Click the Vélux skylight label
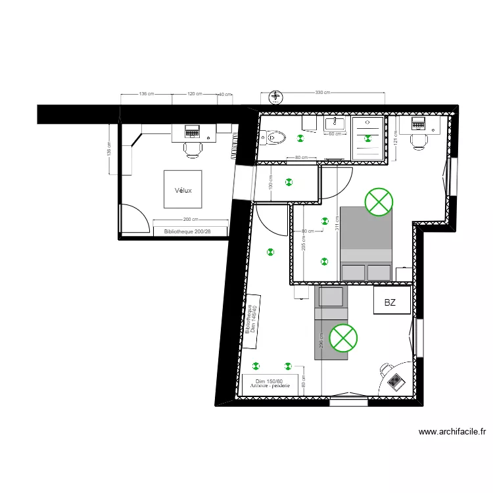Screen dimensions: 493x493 (183, 191)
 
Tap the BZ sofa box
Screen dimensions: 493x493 (390, 302)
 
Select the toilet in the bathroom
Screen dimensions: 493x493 (274, 137)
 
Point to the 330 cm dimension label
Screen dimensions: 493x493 (323, 93)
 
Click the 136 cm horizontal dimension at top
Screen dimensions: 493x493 (146, 94)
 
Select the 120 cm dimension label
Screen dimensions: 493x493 (195, 94)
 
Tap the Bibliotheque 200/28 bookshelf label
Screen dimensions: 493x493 (191, 231)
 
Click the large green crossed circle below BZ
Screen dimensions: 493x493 (342, 338)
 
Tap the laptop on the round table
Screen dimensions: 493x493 (395, 381)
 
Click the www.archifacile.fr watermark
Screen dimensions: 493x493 (452, 432)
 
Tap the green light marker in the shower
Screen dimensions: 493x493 (368, 138)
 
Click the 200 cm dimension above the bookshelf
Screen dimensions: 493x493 (191, 220)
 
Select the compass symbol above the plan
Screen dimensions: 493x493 (276, 97)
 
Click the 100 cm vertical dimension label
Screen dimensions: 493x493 (271, 182)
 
